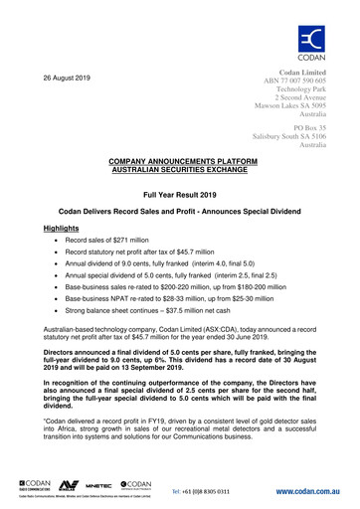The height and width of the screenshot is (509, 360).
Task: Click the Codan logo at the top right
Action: coord(315,46)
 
